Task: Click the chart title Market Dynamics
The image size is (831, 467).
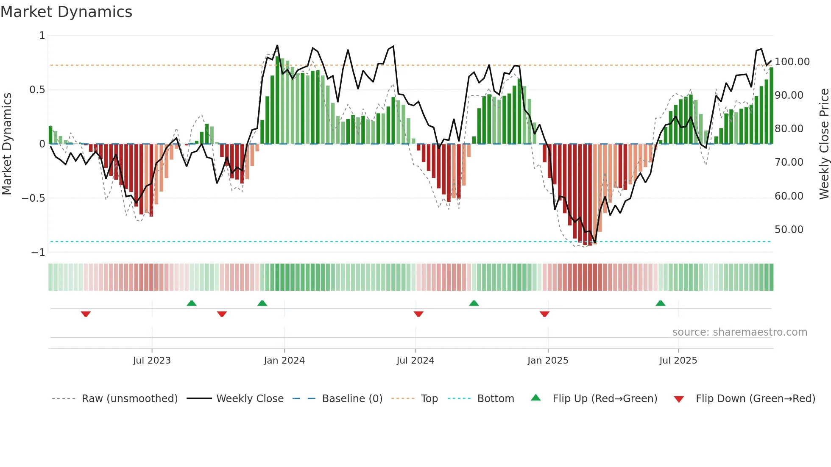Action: [x=66, y=12]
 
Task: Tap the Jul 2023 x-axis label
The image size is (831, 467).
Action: [x=152, y=361]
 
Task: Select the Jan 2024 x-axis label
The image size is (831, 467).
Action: [x=284, y=361]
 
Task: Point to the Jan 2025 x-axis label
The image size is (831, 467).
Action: [x=548, y=361]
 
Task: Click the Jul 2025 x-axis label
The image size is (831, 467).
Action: [x=678, y=361]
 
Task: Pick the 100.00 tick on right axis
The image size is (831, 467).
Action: [x=792, y=62]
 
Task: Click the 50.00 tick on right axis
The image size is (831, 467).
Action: [x=789, y=230]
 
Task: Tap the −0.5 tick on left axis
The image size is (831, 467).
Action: [x=33, y=198]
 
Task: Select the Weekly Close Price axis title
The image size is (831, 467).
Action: [x=824, y=144]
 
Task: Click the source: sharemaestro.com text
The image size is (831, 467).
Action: [x=739, y=332]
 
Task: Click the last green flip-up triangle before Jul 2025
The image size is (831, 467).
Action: [x=660, y=303]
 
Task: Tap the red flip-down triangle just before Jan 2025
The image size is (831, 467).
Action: [x=544, y=314]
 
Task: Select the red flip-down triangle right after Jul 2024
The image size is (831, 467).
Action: [x=418, y=314]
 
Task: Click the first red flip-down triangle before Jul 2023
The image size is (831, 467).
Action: [x=86, y=314]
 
